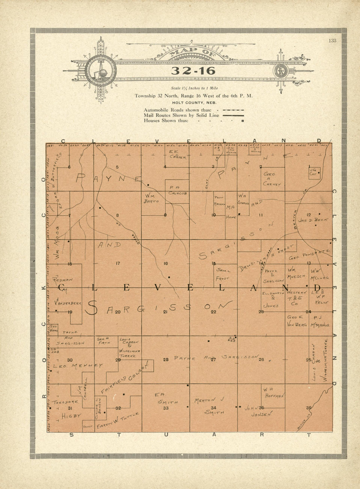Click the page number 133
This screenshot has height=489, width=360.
click(333, 41)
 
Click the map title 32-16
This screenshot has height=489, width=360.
click(193, 71)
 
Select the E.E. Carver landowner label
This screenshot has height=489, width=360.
click(177, 154)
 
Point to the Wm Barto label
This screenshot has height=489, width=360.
click(151, 199)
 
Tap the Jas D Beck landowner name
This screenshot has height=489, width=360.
click(312, 220)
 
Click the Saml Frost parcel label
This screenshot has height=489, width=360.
click(223, 274)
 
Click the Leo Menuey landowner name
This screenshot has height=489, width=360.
click(78, 365)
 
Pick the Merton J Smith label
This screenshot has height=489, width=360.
click(210, 406)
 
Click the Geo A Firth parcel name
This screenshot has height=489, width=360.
click(103, 341)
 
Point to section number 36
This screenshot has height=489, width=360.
click(309, 408)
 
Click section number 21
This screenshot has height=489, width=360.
click(165, 312)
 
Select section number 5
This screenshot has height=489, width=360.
click(117, 167)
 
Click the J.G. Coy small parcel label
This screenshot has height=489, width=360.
click(313, 172)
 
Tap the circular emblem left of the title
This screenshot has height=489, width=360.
click(100, 71)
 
